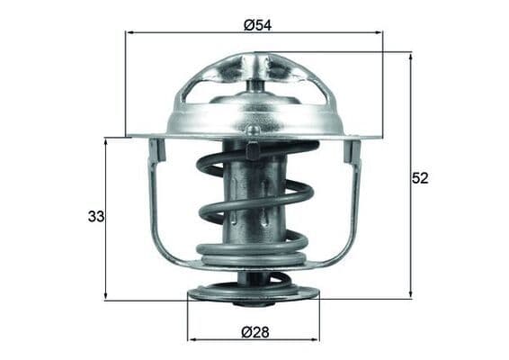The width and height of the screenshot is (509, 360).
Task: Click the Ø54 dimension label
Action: click(257, 24)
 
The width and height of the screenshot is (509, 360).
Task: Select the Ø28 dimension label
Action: click(254, 331)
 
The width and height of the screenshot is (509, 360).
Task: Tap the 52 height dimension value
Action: click(420, 177)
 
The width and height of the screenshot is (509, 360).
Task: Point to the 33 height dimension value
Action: click(95, 216)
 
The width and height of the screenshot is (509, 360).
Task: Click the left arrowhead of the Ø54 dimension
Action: click(129, 33)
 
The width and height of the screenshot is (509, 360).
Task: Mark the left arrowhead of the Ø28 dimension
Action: click(191, 340)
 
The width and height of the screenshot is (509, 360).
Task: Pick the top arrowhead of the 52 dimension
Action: click(410, 56)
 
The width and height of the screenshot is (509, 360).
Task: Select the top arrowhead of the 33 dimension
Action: click(106, 141)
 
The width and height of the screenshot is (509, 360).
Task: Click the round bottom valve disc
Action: click(253, 292)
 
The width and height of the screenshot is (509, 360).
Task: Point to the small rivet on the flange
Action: click(254, 131)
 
